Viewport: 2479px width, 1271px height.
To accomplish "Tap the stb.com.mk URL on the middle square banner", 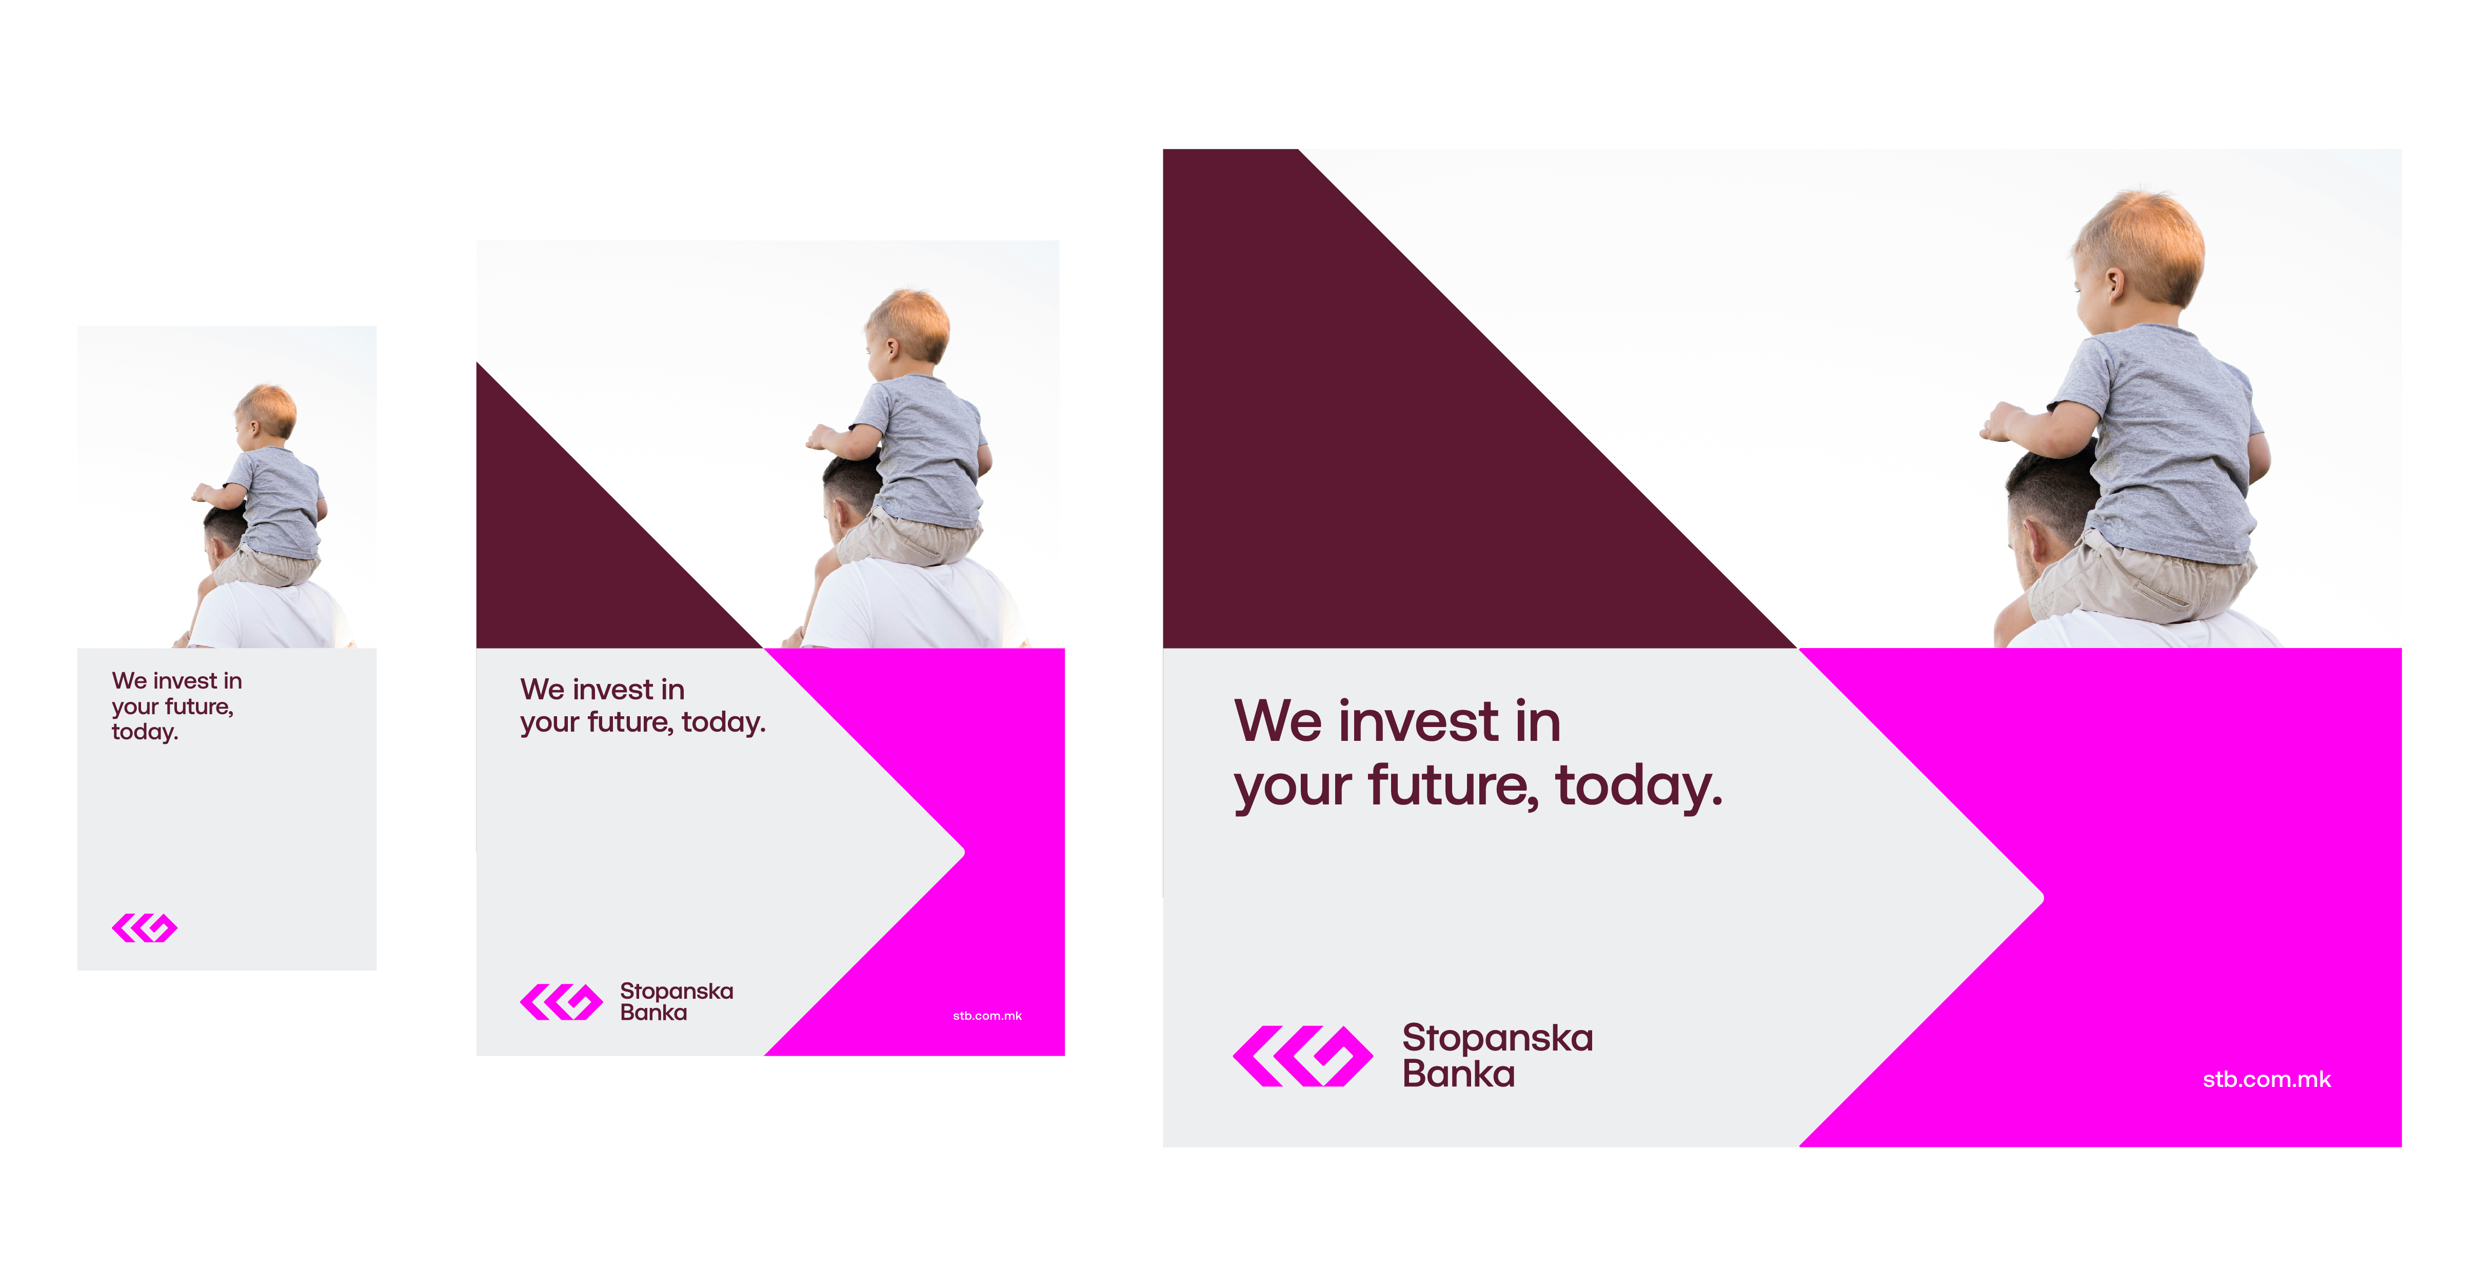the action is pyautogui.click(x=987, y=1016).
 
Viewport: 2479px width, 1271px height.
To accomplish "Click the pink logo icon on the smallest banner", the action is pyautogui.click(x=144, y=929).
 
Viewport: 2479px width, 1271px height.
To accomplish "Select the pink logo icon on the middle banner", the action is pyautogui.click(x=561, y=1002).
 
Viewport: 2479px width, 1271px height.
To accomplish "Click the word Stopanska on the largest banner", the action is pyautogui.click(x=1497, y=1038).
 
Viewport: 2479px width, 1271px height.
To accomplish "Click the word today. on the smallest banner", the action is pyautogui.click(x=144, y=732).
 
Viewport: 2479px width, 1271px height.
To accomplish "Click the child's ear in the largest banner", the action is pyautogui.click(x=2113, y=284).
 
